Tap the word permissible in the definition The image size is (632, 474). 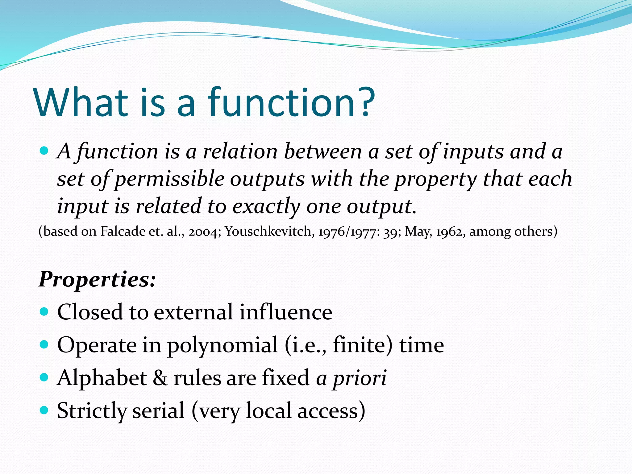pyautogui.click(x=169, y=179)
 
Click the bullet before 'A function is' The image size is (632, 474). pyautogui.click(x=44, y=151)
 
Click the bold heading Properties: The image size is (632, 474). pyautogui.click(x=97, y=280)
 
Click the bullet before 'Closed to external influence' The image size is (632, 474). pyautogui.click(x=44, y=311)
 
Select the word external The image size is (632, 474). pyautogui.click(x=193, y=312)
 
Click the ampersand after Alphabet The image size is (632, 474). pyautogui.click(x=160, y=378)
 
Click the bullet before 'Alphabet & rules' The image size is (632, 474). pyautogui.click(x=44, y=377)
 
